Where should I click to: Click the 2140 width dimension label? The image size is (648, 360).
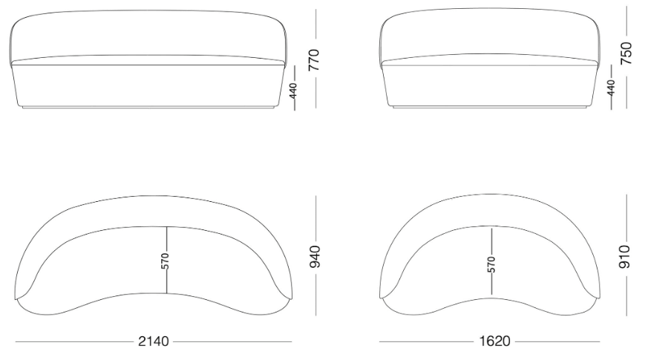154,341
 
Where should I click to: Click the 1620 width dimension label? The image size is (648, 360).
494,341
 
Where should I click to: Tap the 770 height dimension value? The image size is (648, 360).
315,60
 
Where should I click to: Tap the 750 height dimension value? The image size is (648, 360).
626,53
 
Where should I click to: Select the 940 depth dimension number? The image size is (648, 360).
315,256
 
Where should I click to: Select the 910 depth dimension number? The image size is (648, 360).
624,256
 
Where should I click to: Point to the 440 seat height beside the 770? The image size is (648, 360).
293,91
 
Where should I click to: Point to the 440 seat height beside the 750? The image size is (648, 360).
611,88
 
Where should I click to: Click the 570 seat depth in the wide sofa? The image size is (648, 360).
166,261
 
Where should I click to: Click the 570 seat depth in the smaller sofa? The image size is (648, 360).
491,264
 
